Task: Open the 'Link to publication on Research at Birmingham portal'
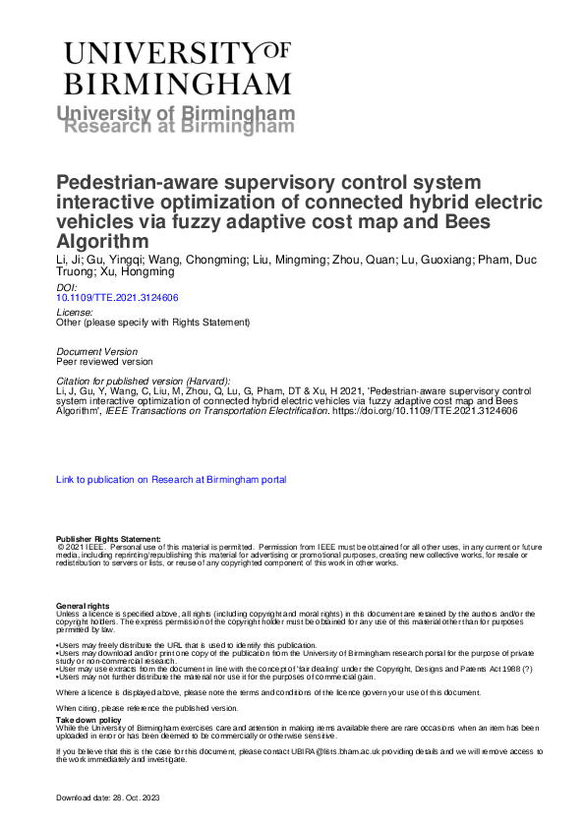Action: tap(171, 480)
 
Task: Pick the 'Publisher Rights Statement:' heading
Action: tap(108, 539)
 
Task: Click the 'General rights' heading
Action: tap(83, 605)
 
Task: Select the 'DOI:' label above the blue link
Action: tap(67, 287)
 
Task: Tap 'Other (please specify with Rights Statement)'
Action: tap(153, 322)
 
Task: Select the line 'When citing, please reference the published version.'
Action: tap(146, 707)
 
